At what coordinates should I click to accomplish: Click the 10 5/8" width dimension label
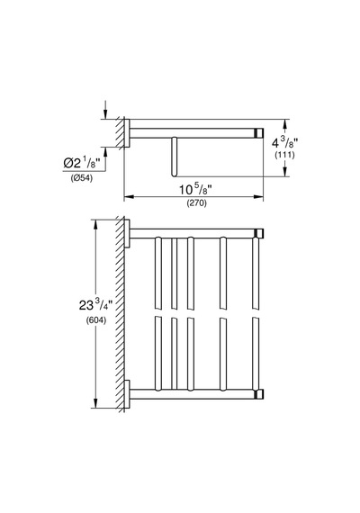click(195, 189)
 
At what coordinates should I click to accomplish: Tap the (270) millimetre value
click(197, 203)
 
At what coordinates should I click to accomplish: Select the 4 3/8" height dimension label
click(284, 143)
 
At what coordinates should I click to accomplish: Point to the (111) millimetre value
click(284, 155)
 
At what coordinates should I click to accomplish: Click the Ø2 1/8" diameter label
click(81, 162)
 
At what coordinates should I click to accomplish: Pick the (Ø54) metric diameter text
click(82, 178)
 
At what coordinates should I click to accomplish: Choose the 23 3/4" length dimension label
click(95, 305)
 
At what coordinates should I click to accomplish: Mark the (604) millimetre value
click(96, 320)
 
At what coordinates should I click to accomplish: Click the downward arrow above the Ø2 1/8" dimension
click(105, 110)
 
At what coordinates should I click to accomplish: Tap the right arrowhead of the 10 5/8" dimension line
click(259, 197)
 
